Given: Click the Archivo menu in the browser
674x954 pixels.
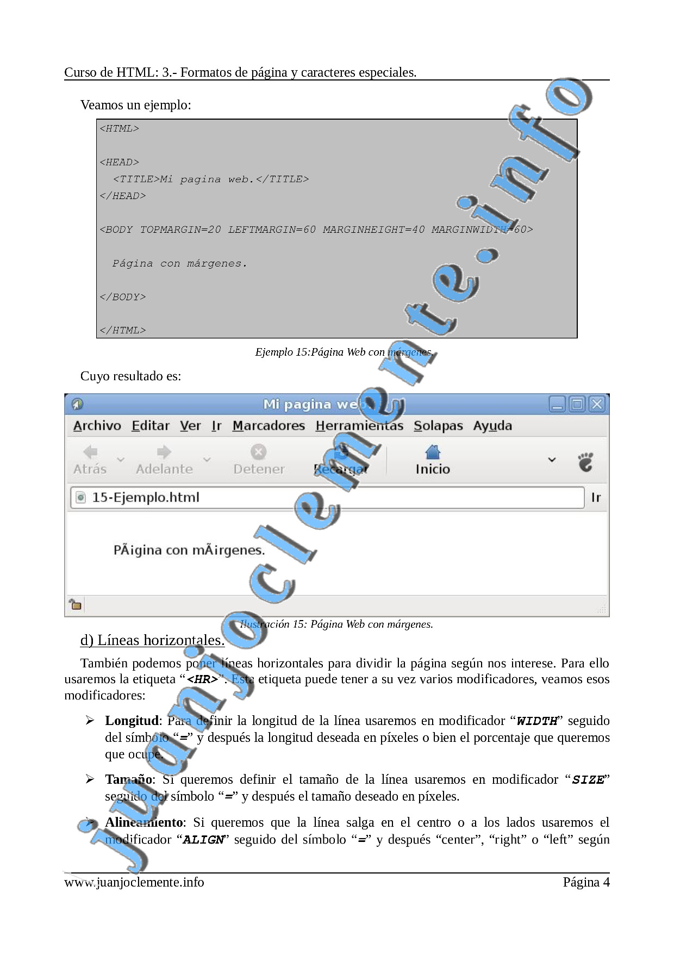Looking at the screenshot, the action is tap(97, 426).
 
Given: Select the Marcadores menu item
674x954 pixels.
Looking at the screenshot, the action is tap(269, 426).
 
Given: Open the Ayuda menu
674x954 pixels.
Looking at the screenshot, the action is tap(492, 426).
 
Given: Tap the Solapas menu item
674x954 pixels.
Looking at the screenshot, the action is tap(438, 426).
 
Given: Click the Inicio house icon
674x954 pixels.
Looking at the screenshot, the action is tap(433, 452).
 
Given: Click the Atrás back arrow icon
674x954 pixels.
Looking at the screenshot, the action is tap(90, 452).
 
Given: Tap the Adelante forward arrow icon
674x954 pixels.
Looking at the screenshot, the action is tap(164, 452).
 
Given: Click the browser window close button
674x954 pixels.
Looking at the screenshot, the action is tap(597, 404).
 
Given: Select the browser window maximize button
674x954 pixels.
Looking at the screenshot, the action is tap(577, 404).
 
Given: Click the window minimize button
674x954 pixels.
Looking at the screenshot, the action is tap(557, 404).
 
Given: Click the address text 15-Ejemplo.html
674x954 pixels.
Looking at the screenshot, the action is tap(146, 498).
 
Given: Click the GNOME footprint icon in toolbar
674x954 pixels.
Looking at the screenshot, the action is tap(585, 462).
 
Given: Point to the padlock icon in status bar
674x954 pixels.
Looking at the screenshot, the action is tap(75, 604).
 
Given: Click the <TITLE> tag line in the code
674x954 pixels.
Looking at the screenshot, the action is tap(211, 179).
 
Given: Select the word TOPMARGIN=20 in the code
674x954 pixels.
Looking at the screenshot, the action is tap(180, 230).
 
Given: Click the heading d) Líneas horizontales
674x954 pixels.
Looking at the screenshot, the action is tap(152, 641).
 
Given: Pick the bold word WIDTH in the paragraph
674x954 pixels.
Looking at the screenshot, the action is tap(537, 721).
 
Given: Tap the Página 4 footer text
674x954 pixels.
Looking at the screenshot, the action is tap(586, 882).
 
